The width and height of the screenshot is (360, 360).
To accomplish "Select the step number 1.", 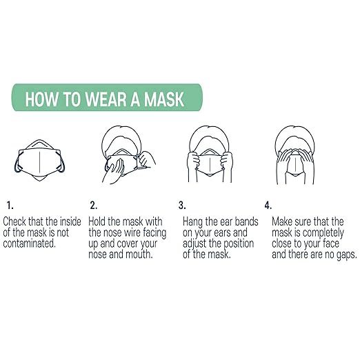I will [9, 205].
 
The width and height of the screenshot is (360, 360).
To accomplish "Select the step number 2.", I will [93, 205].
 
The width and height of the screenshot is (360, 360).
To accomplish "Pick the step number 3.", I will [182, 205].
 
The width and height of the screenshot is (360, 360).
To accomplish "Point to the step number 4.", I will [268, 205].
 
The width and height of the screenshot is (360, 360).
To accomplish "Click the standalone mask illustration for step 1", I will [39, 160].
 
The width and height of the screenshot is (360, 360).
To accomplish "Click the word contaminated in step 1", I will [29, 244].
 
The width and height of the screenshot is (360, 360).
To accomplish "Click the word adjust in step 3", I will [197, 244].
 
